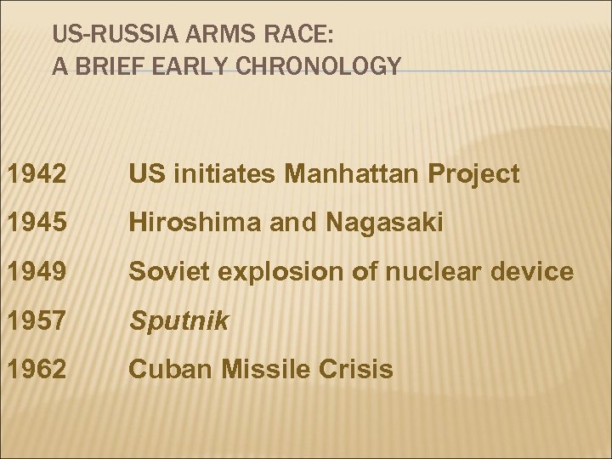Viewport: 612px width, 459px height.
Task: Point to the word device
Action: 532,272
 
